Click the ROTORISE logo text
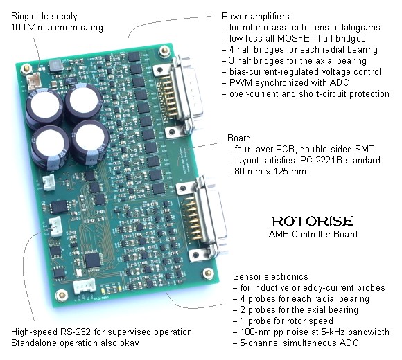(x=313, y=222)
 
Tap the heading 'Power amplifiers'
(x=255, y=17)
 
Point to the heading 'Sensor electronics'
(x=270, y=276)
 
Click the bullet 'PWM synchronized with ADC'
(x=289, y=82)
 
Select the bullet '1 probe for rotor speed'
(x=287, y=321)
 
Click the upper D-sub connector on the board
(x=178, y=96)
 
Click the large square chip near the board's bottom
(x=92, y=260)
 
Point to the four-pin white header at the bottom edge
(x=85, y=286)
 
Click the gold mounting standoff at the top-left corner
(x=26, y=69)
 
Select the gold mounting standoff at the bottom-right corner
(x=208, y=273)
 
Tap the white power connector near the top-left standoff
(x=35, y=80)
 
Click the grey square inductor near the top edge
(x=55, y=66)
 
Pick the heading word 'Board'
(x=239, y=138)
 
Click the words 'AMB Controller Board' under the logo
(x=313, y=234)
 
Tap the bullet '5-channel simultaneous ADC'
(x=299, y=343)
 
